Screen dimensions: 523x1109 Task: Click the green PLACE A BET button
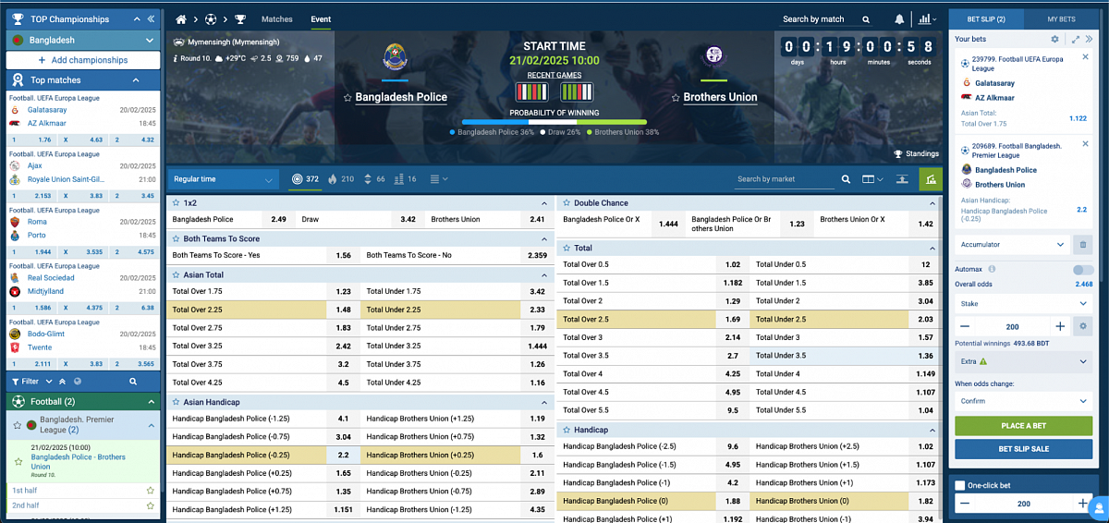coord(1023,426)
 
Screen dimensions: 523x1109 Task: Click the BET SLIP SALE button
coord(1023,448)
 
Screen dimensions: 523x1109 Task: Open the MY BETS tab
coord(1060,18)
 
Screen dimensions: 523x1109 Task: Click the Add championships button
coord(83,60)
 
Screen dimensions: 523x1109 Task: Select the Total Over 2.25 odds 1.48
coord(343,310)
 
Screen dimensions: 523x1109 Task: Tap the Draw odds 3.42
coord(408,220)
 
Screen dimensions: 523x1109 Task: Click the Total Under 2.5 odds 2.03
coord(925,319)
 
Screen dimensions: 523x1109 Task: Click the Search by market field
coord(785,179)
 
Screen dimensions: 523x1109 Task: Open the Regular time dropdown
coord(223,179)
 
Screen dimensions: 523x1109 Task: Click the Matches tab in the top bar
coord(277,18)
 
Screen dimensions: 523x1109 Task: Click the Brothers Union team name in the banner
coord(720,97)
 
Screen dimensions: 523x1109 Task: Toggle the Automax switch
coord(1082,269)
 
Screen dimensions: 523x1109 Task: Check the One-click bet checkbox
coord(960,485)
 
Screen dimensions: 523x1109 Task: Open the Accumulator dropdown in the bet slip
coord(1011,245)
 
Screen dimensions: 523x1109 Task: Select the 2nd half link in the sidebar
coord(26,505)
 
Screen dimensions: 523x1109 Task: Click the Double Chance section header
coord(601,202)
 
